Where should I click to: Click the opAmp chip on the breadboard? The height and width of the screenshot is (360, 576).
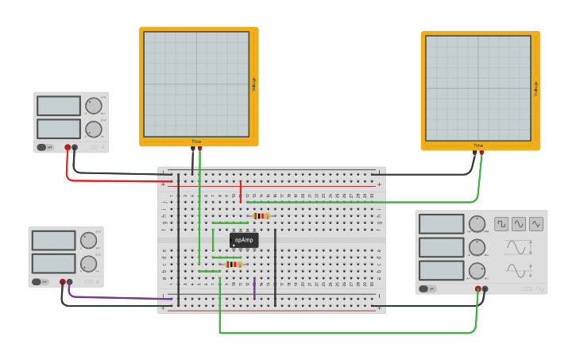coord(244,240)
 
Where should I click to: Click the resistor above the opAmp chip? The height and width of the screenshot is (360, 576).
coord(261,215)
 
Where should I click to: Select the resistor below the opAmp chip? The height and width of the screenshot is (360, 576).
coord(233,264)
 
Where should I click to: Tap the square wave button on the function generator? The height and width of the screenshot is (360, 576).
coord(501,224)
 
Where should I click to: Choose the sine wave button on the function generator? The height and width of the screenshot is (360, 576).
coord(519,224)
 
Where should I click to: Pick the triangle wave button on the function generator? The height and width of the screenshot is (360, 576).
coord(536,224)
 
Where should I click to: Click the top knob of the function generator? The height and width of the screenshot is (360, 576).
coord(477,223)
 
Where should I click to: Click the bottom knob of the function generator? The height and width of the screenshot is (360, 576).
coord(477,270)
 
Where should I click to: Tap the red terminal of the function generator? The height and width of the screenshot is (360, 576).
coord(478,289)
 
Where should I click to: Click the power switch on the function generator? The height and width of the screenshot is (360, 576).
coord(427,288)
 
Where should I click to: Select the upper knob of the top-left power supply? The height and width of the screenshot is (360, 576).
coord(94,106)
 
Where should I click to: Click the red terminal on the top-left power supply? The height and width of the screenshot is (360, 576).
coord(68,147)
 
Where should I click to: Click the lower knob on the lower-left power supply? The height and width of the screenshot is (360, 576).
coord(88,263)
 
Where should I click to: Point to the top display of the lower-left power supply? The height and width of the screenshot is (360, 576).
coord(53,240)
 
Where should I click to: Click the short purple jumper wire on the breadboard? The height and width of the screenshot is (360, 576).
coord(254,288)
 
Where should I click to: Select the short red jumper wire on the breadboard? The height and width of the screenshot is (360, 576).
coord(240,192)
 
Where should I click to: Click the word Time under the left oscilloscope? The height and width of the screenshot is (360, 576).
coord(196,141)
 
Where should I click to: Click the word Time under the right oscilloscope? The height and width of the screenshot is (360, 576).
coord(478,145)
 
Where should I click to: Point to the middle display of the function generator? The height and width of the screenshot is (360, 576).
coord(441,247)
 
